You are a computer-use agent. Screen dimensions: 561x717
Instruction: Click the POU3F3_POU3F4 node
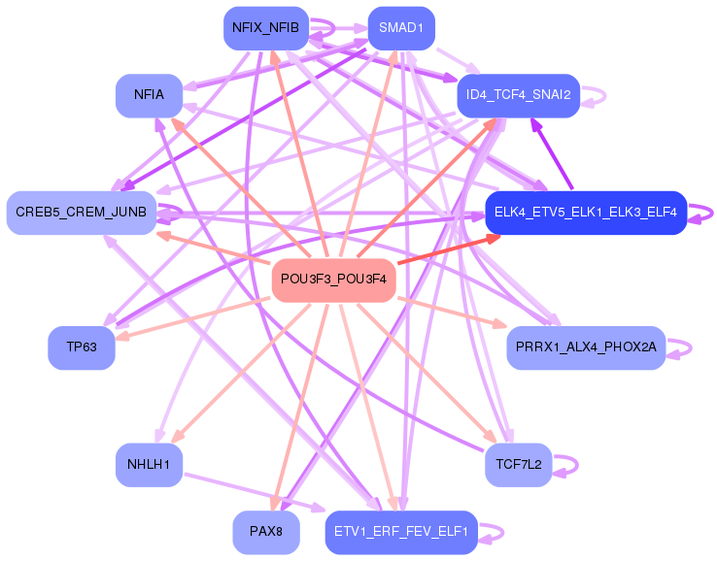(x=334, y=280)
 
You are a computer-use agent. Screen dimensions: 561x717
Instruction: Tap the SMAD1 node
(x=401, y=28)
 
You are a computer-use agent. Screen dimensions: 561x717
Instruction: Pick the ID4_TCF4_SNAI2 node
(x=518, y=95)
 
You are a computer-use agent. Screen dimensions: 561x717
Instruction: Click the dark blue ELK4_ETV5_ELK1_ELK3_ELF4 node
(x=586, y=212)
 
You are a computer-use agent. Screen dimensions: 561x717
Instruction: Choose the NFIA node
(x=149, y=95)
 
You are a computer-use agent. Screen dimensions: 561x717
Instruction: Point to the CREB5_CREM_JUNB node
(x=82, y=212)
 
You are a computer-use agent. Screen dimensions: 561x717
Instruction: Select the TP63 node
(x=82, y=347)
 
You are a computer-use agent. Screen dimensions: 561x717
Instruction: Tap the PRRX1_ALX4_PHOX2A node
(x=586, y=347)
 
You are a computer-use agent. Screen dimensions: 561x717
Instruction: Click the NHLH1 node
(x=149, y=465)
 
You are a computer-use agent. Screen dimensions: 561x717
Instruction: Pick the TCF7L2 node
(x=518, y=465)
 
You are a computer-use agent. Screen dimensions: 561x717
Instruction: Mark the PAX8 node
(x=265, y=532)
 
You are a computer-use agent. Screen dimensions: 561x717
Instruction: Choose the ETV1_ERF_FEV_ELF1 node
(x=401, y=532)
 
